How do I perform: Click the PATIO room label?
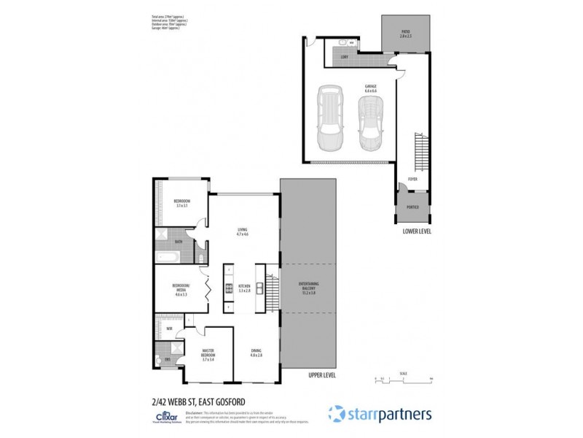click(x=405, y=34)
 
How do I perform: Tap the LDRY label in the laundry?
click(x=344, y=57)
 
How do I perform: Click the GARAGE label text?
click(x=371, y=88)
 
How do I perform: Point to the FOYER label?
click(x=412, y=177)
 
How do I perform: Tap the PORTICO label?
click(x=412, y=207)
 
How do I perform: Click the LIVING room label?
click(x=242, y=231)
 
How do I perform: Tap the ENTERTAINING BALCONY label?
click(x=309, y=287)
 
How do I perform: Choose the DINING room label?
click(x=256, y=353)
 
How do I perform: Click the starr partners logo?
click(x=380, y=414)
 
